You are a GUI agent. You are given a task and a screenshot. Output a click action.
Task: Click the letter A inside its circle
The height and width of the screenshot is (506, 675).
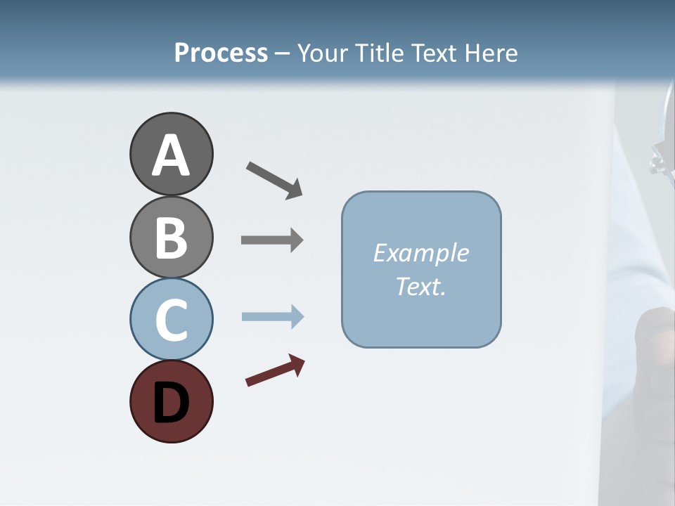point(171,156)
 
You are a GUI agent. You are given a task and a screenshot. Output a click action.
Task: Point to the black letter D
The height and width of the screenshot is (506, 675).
point(171,403)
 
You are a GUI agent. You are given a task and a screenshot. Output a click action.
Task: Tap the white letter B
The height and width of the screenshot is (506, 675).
point(171,238)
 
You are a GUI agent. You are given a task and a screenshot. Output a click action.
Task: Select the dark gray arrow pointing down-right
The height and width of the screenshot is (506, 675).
point(274,179)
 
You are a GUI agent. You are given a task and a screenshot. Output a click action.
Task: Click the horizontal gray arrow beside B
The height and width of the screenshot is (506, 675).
point(271,240)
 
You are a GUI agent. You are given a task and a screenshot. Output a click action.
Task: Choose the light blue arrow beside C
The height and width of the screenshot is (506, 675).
point(271,316)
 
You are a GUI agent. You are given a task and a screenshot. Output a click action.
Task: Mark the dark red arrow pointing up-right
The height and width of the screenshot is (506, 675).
point(274,370)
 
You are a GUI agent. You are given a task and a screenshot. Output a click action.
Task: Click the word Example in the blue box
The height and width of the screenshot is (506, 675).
point(420,253)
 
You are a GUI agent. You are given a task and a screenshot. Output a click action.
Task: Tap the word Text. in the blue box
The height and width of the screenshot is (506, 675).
point(420,286)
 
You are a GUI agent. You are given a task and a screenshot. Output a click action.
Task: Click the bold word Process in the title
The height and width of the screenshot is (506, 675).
point(221,53)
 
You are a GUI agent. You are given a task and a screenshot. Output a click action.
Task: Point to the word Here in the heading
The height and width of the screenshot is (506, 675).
point(492,53)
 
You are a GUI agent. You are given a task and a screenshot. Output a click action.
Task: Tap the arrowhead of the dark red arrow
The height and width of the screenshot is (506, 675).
point(298,364)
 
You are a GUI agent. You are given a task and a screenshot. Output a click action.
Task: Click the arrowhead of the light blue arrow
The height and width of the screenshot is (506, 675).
point(297,316)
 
